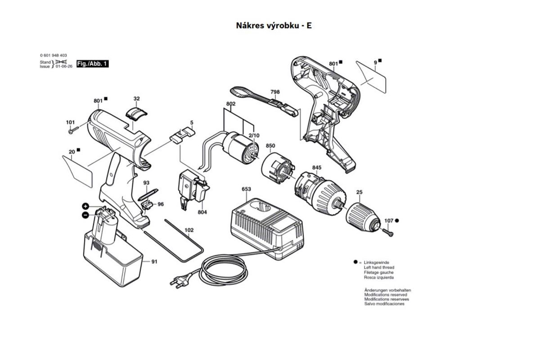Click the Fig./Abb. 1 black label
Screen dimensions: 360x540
pyautogui.click(x=92, y=64)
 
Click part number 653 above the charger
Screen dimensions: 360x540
pyautogui.click(x=246, y=189)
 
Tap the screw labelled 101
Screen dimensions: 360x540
pyautogui.click(x=73, y=131)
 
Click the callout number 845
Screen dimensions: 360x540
pyautogui.click(x=317, y=167)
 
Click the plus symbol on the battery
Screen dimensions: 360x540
pyautogui.click(x=85, y=206)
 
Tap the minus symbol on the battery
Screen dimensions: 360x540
pyautogui.click(x=85, y=215)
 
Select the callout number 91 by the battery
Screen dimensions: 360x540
pyautogui.click(x=154, y=261)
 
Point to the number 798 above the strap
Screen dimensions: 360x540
pyautogui.click(x=275, y=92)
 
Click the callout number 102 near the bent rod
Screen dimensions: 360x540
pyautogui.click(x=189, y=230)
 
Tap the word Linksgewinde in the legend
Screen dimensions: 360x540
pyautogui.click(x=377, y=262)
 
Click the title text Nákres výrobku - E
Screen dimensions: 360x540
pyautogui.click(x=274, y=25)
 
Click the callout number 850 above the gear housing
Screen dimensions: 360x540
pyautogui.click(x=270, y=146)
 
